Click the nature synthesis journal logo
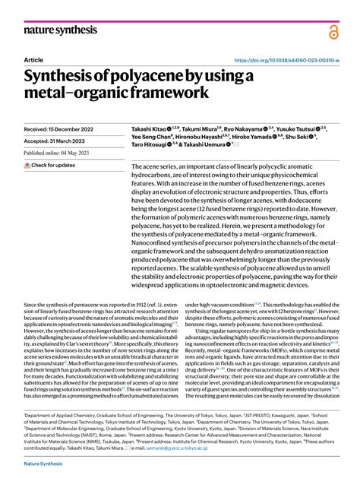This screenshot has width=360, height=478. click(x=60, y=30)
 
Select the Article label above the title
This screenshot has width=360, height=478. click(x=33, y=59)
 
